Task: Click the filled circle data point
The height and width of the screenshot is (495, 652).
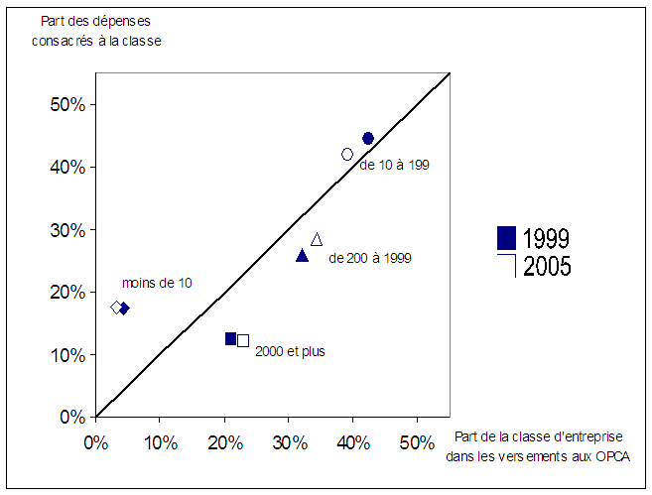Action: pyautogui.click(x=368, y=139)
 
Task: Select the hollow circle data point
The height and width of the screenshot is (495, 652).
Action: pyautogui.click(x=347, y=154)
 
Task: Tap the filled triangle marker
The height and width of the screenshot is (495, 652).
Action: pyautogui.click(x=303, y=256)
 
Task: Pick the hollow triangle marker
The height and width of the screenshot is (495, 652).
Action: pyautogui.click(x=317, y=239)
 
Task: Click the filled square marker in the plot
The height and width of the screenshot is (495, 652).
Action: pyautogui.click(x=230, y=338)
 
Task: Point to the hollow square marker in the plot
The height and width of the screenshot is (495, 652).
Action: pyautogui.click(x=243, y=340)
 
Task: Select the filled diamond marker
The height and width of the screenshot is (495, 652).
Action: pyautogui.click(x=124, y=309)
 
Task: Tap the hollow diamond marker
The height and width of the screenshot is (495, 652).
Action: pyautogui.click(x=116, y=308)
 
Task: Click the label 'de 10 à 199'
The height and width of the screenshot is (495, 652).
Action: pyautogui.click(x=394, y=165)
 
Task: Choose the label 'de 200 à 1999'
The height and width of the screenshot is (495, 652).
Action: pyautogui.click(x=369, y=258)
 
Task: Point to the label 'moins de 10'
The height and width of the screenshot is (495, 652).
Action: pyautogui.click(x=157, y=283)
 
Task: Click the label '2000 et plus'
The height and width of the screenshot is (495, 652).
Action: pyautogui.click(x=290, y=351)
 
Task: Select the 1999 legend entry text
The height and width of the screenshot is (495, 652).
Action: pyautogui.click(x=546, y=238)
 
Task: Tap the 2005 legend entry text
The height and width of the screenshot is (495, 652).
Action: pyautogui.click(x=546, y=266)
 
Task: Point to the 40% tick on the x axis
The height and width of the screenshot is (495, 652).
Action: pyautogui.click(x=353, y=440)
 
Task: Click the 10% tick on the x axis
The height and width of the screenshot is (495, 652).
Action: pyautogui.click(x=160, y=440)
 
